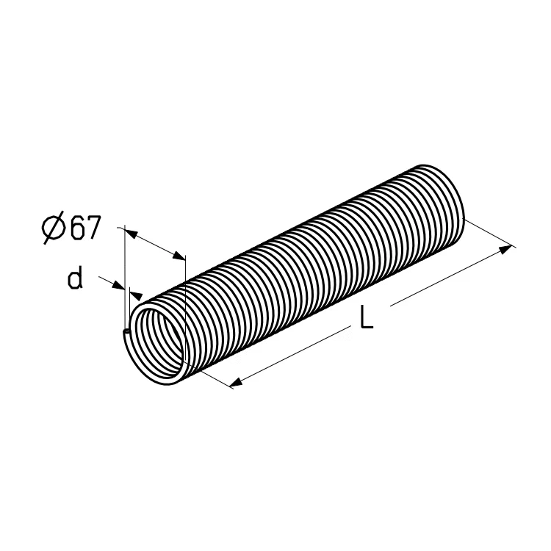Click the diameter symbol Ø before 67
coord(54,228)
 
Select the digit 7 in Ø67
coord(93,227)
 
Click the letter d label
coord(75,277)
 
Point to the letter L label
coord(367,317)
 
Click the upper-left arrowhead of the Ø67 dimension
coord(131,234)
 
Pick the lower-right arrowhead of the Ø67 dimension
coord(179,256)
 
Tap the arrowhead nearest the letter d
coord(119,285)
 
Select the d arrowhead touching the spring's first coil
coord(137,295)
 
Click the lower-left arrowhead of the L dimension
coord(237,382)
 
